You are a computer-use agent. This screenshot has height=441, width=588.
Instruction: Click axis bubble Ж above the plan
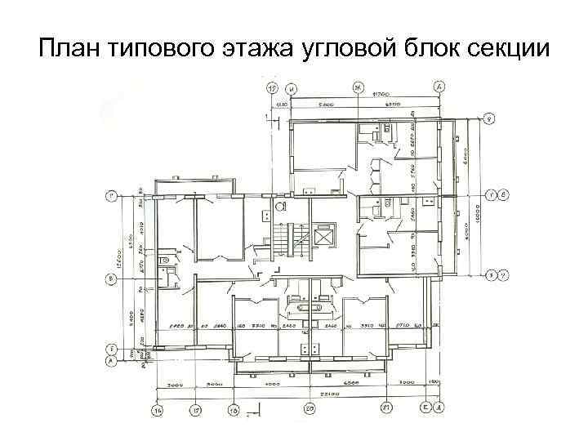[359, 87]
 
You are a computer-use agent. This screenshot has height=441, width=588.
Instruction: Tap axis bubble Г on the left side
[111, 196]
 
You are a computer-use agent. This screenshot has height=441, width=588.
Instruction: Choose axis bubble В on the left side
[111, 278]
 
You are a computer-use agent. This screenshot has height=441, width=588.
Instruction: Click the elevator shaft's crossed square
[323, 237]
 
